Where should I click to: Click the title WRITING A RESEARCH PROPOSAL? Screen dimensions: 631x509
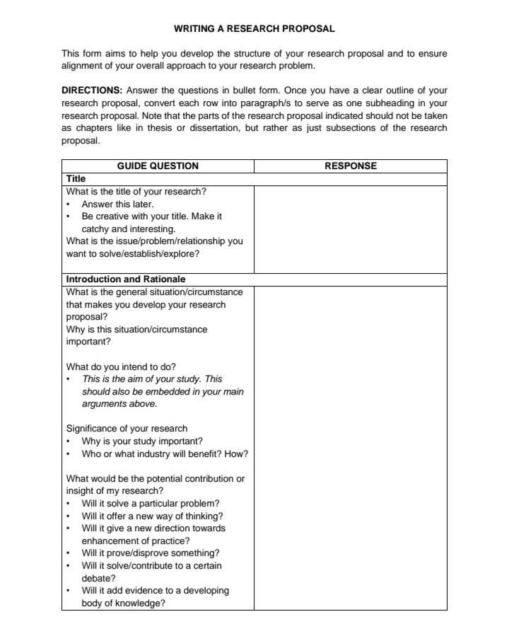pyautogui.click(x=254, y=29)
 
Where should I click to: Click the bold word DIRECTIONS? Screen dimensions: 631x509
pyautogui.click(x=91, y=91)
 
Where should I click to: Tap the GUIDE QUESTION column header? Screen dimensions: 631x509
pyautogui.click(x=157, y=166)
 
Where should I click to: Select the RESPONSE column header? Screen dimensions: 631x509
pyautogui.click(x=350, y=166)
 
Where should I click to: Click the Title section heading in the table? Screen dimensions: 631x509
pyautogui.click(x=76, y=179)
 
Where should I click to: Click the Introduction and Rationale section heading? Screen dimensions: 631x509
pyautogui.click(x=125, y=279)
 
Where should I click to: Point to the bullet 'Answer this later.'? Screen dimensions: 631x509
pyautogui.click(x=117, y=204)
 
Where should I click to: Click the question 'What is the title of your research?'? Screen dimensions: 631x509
pyautogui.click(x=136, y=192)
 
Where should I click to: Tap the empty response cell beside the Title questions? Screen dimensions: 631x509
pyautogui.click(x=350, y=228)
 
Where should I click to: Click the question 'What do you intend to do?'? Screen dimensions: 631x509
pyautogui.click(x=121, y=366)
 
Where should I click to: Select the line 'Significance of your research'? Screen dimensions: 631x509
pyautogui.click(x=127, y=428)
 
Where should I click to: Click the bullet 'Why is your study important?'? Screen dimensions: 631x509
pyautogui.click(x=142, y=441)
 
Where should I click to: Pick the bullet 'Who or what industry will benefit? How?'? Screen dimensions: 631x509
pyautogui.click(x=164, y=453)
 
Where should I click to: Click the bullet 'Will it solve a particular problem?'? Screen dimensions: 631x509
pyautogui.click(x=150, y=504)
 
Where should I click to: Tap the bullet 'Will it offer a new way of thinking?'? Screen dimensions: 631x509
pyautogui.click(x=152, y=516)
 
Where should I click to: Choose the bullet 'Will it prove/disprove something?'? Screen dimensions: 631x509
pyautogui.click(x=150, y=553)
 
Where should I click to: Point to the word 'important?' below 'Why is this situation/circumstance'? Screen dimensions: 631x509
pyautogui.click(x=88, y=342)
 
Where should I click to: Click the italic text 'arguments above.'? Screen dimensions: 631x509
pyautogui.click(x=119, y=404)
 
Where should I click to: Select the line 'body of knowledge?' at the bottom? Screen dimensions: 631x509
pyautogui.click(x=123, y=603)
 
